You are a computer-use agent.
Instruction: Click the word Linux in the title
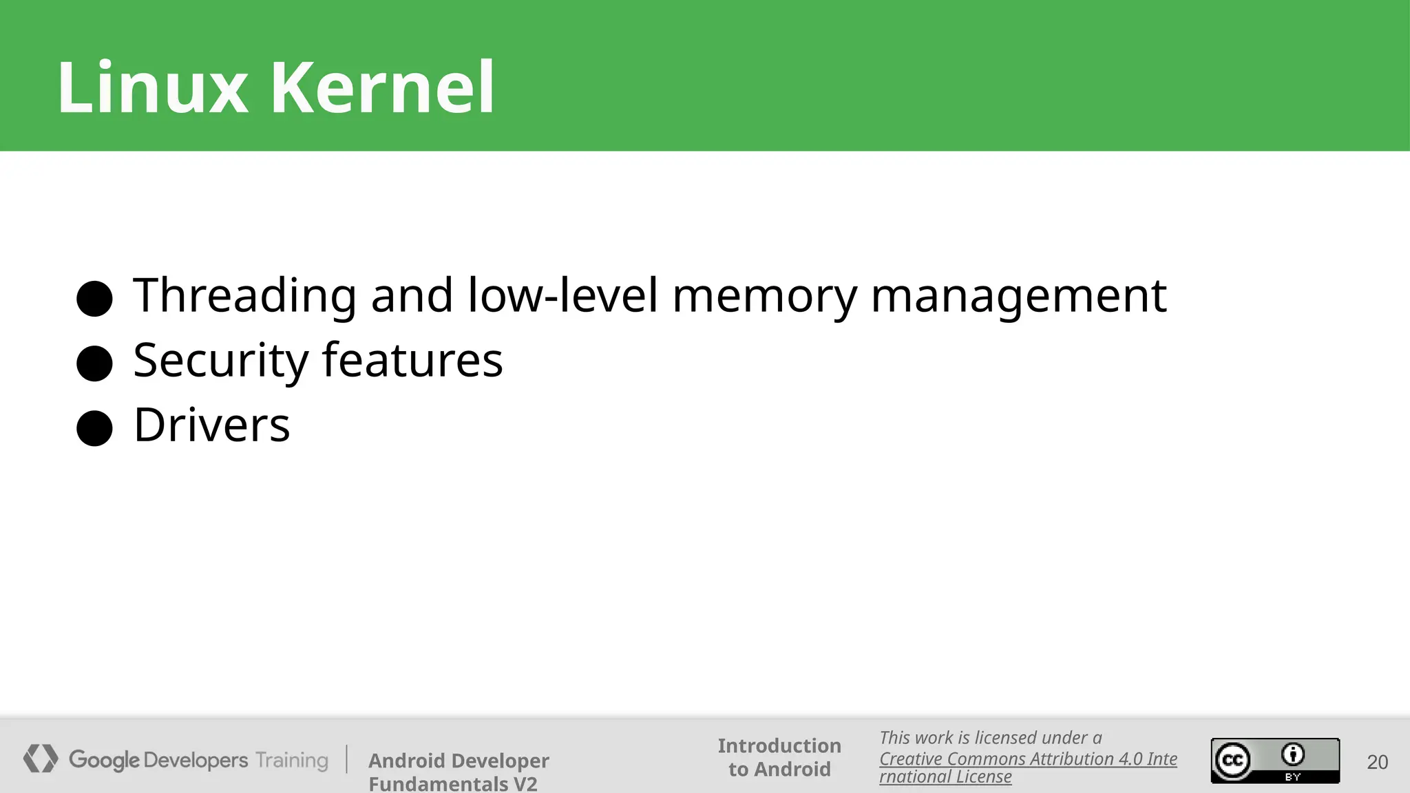click(152, 87)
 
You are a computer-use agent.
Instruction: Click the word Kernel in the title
click(383, 87)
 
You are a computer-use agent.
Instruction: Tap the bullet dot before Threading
click(94, 298)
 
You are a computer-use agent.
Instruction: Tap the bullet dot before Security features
click(94, 363)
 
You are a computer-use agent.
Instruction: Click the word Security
click(221, 361)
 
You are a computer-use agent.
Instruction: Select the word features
click(412, 359)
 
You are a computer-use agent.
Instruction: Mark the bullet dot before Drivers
click(94, 428)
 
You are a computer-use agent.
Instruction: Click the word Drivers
click(211, 425)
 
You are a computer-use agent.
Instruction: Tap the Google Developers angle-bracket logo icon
click(41, 759)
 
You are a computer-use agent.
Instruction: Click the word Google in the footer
click(104, 760)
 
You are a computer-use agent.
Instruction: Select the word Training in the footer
click(292, 760)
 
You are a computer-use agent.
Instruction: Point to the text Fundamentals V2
click(452, 783)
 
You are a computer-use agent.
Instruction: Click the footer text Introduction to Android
click(779, 757)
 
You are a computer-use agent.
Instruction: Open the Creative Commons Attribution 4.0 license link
click(1027, 759)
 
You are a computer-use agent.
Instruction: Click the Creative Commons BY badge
click(1275, 761)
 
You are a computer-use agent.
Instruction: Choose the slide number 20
click(1377, 762)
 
